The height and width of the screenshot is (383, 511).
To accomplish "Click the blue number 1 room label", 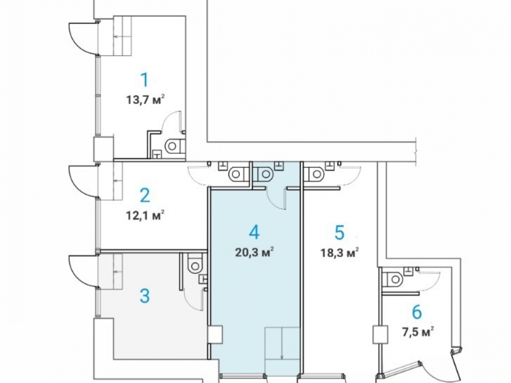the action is (145, 80).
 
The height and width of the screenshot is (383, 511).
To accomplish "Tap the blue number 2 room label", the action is (145, 196).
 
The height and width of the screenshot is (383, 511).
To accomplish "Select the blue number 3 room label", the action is (145, 296).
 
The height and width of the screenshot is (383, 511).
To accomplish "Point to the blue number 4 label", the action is (254, 232).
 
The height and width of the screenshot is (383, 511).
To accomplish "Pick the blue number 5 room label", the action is (340, 232).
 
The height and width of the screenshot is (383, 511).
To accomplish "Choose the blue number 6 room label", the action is (417, 312).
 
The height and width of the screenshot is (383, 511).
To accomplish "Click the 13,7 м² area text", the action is (145, 100).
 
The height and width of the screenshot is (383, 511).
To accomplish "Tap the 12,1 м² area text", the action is (145, 215).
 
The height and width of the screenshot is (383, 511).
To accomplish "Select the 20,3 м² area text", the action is (254, 252).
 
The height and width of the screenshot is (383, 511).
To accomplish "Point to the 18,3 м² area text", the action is (340, 252).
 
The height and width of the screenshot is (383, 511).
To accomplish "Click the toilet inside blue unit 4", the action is (263, 174).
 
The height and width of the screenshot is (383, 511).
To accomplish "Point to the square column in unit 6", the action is (380, 334).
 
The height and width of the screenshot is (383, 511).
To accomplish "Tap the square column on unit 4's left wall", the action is (216, 334).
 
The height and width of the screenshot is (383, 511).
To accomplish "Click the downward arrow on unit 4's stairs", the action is (282, 343).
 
